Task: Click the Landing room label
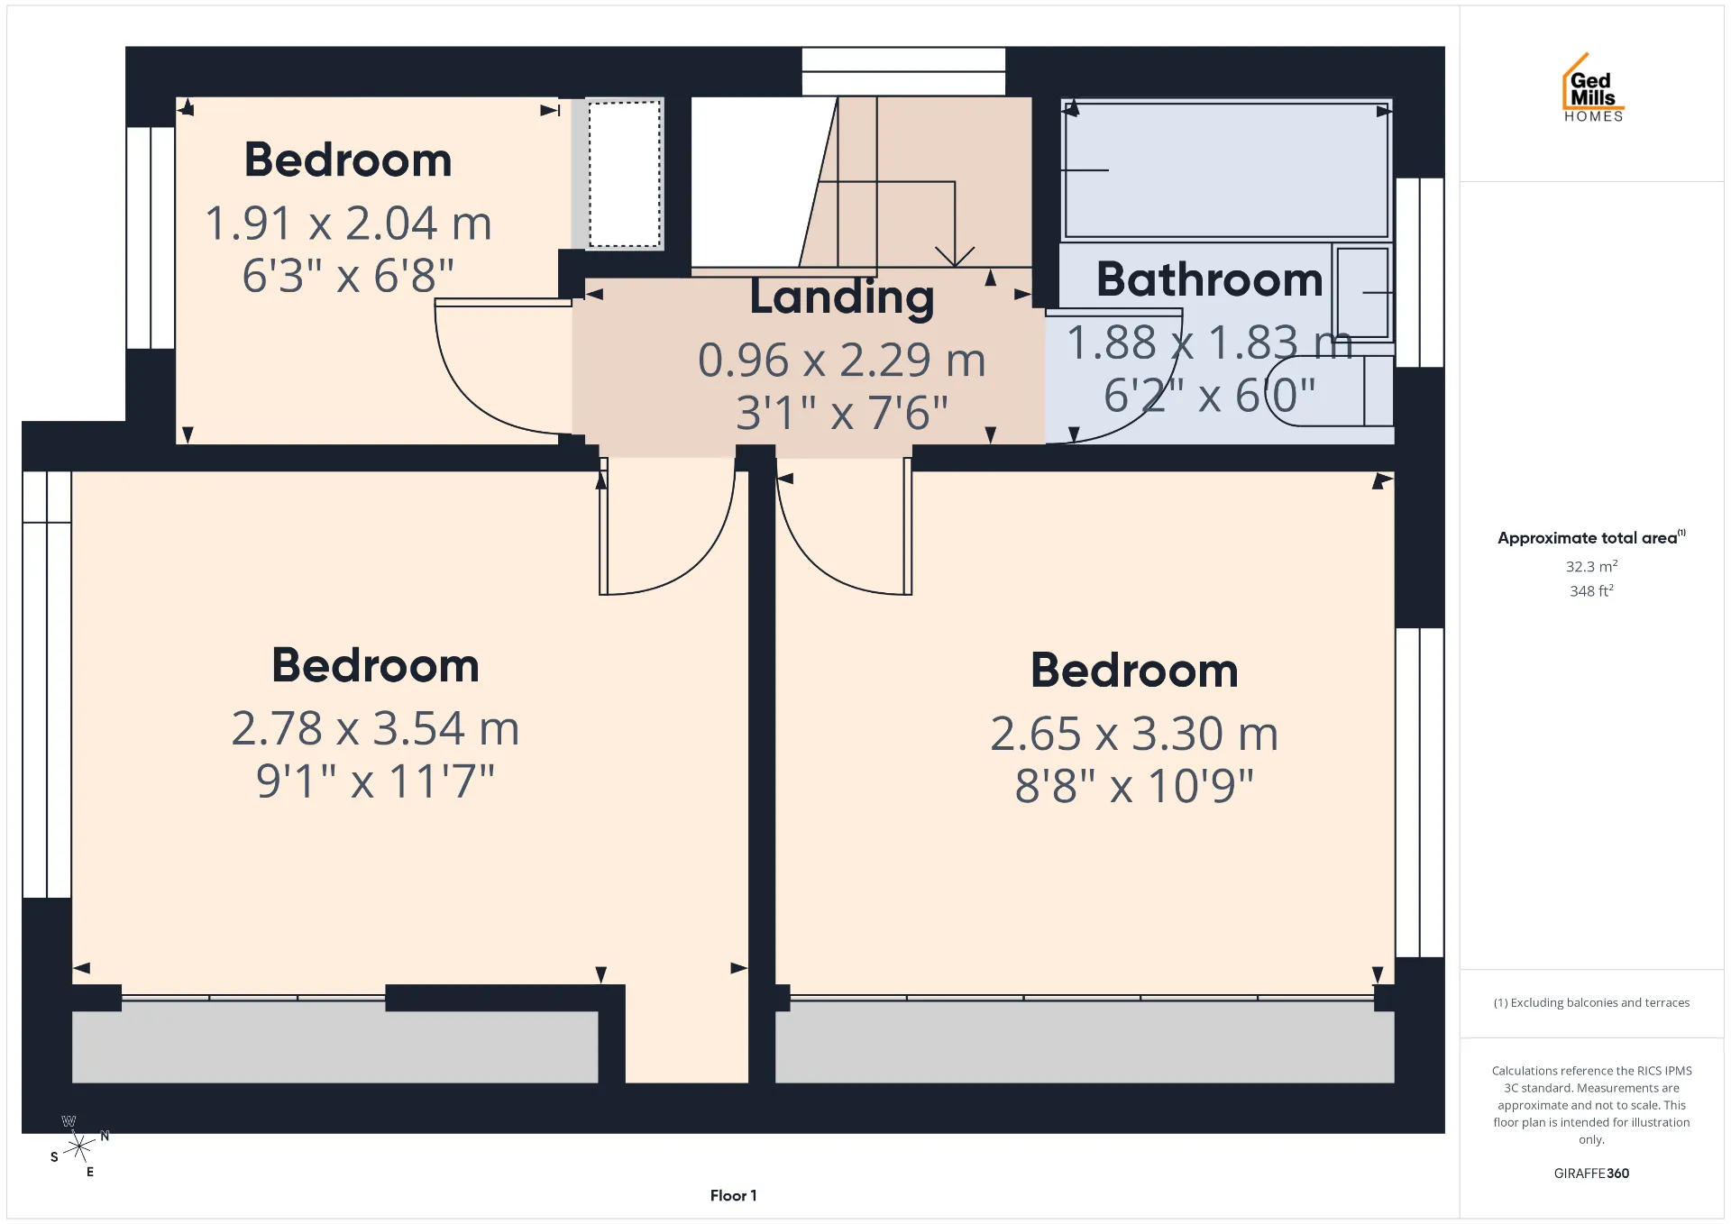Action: pos(842,298)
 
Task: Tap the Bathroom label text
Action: pos(1209,279)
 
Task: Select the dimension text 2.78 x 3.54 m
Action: pos(375,728)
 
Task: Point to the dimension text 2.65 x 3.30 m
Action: pos(1134,734)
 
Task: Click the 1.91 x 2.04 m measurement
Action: pos(348,224)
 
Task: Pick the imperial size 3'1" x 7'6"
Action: pos(842,413)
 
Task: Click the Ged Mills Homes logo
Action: pos(1593,87)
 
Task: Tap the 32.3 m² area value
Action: pos(1591,566)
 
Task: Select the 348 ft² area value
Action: pos(1591,590)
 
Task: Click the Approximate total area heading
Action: pos(1591,537)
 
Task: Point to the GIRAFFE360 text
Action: pos(1591,1173)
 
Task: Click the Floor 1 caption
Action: pos(733,1195)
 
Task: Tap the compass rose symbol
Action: pos(79,1146)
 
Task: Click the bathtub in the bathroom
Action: pos(1226,169)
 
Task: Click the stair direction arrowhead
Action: pos(955,257)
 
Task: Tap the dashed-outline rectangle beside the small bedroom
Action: pos(625,173)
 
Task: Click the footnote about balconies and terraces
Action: pos(1591,1002)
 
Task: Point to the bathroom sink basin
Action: pos(1362,292)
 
